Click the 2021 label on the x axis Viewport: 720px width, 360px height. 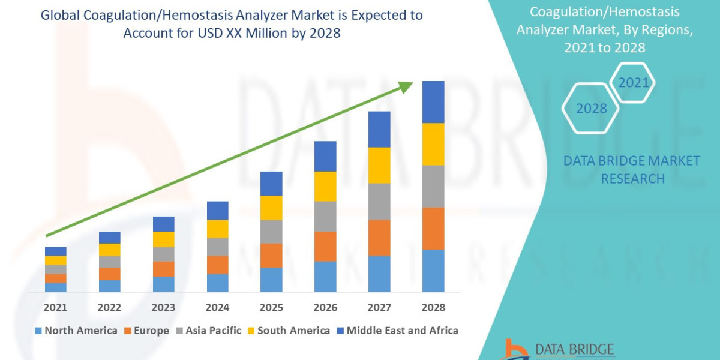[56, 307]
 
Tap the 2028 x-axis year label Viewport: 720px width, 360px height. [433, 307]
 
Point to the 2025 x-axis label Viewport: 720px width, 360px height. [271, 307]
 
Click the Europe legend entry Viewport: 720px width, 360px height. [147, 331]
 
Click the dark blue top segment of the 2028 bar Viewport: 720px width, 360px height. [433, 102]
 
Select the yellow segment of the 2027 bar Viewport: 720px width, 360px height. [379, 165]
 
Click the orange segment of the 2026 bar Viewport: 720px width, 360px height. [325, 247]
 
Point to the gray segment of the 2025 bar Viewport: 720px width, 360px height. [271, 232]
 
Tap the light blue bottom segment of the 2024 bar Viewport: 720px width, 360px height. [217, 283]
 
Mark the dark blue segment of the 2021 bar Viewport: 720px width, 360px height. [56, 251]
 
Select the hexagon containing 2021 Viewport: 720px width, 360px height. [633, 82]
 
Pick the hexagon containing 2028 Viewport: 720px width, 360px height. [591, 109]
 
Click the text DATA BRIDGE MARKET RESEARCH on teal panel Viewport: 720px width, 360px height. [632, 170]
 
